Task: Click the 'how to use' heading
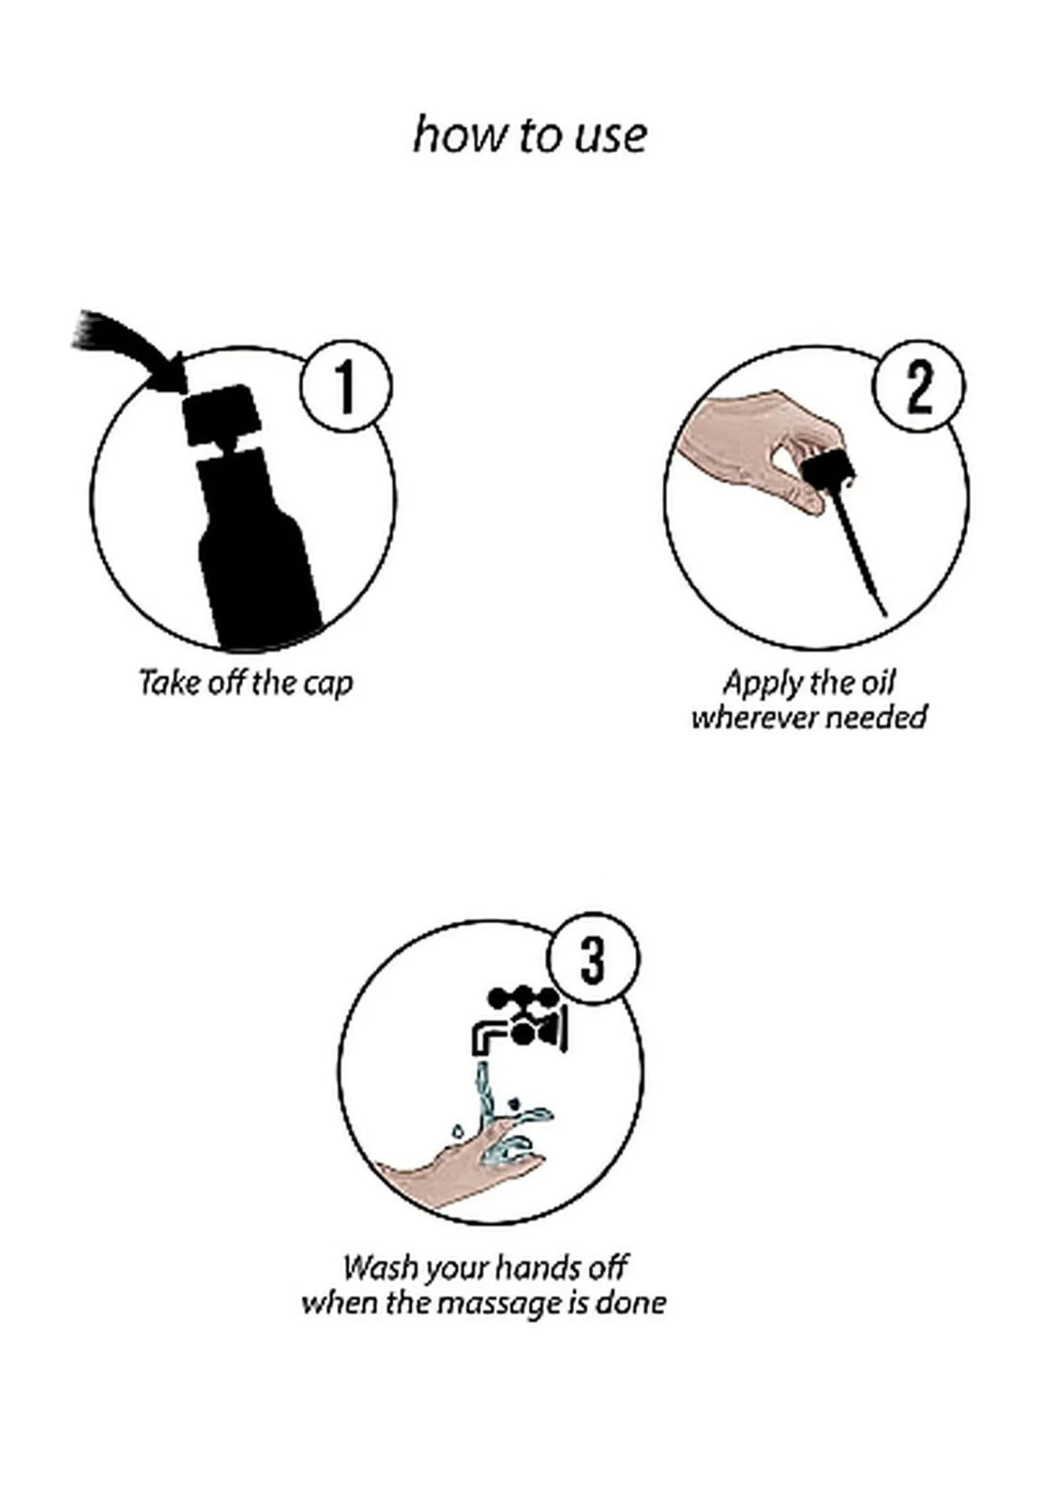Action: click(530, 135)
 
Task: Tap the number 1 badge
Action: click(346, 387)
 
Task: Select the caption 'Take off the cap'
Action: click(246, 683)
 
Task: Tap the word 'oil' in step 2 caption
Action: click(878, 682)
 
